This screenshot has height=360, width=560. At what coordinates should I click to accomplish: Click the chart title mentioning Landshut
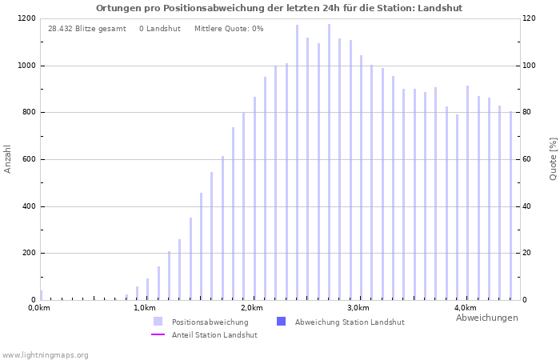tap(279, 8)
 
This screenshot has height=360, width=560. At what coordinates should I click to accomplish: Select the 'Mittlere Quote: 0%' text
tap(229, 29)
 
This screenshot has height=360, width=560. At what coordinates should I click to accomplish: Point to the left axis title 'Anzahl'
tap(8, 158)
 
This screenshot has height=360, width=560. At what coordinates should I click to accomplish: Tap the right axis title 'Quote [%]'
tap(553, 158)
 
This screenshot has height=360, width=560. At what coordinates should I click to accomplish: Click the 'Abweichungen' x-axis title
tap(486, 318)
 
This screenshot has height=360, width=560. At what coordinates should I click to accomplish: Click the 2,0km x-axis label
tap(251, 308)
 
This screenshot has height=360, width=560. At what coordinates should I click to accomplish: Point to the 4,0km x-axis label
tap(465, 308)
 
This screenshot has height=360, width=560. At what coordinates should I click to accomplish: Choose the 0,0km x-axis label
tap(39, 308)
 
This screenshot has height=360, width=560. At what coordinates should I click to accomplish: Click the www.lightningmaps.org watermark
tap(45, 355)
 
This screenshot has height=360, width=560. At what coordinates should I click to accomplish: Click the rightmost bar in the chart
tap(510, 206)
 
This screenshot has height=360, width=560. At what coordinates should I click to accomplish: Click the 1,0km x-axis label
tap(145, 308)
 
